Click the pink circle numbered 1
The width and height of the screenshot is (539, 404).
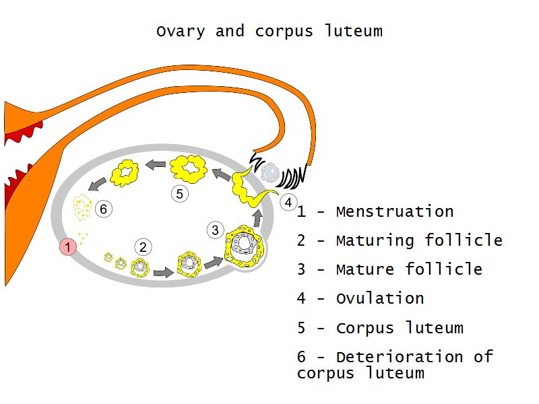point(68,247)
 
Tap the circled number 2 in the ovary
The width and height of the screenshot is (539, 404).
point(143,247)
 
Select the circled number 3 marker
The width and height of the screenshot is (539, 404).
point(215,230)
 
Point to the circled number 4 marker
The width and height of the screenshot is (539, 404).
point(288,201)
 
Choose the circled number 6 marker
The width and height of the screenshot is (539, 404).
point(103,209)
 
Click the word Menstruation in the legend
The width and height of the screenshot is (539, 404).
point(394,211)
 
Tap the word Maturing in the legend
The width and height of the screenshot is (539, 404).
point(375,240)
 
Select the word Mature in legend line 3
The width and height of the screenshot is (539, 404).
point(365,269)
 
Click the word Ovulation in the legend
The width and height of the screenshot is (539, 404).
point(379,298)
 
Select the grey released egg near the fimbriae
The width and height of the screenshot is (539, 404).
point(270,172)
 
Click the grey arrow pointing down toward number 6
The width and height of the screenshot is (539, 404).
point(99,181)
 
